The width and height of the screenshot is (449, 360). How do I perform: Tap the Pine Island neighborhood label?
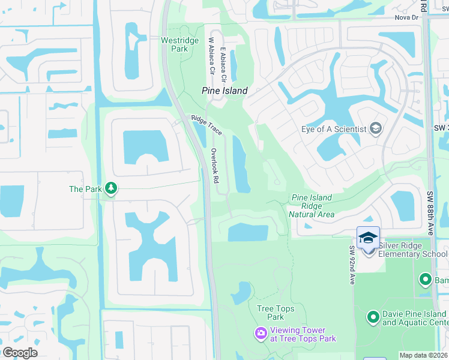click(224, 91)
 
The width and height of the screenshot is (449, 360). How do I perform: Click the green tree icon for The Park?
click(110, 188)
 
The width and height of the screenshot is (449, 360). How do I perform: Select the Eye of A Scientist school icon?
click(376, 129)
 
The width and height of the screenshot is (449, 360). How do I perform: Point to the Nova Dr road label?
click(406, 17)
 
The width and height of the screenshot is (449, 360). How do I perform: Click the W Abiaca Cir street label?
click(211, 56)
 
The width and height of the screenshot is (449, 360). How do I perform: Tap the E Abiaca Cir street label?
click(223, 65)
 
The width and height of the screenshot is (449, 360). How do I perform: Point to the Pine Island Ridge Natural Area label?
click(312, 206)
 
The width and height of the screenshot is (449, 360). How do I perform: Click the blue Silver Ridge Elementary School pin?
click(368, 238)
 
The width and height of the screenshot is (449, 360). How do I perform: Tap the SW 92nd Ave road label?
click(352, 264)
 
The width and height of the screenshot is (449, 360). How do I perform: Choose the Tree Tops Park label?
click(270, 313)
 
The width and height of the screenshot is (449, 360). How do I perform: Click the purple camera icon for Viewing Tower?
click(261, 333)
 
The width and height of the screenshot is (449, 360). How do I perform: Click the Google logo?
click(20, 352)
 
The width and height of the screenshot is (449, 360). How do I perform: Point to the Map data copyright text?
click(423, 355)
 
